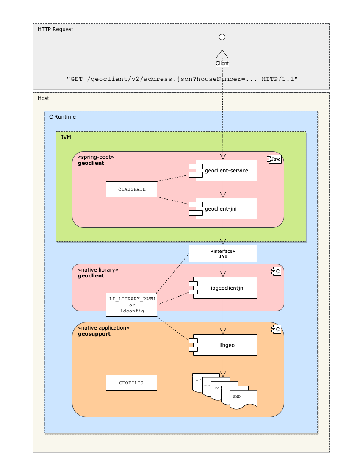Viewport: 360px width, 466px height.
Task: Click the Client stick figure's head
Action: click(x=222, y=37)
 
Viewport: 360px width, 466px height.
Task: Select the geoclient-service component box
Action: click(x=223, y=171)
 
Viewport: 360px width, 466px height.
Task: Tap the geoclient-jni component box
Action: click(x=223, y=208)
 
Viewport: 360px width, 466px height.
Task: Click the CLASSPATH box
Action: click(x=132, y=189)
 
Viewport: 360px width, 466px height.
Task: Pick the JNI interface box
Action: click(x=223, y=253)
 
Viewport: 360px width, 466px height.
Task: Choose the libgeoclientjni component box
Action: click(x=223, y=288)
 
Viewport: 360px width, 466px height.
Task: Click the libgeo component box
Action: click(x=223, y=345)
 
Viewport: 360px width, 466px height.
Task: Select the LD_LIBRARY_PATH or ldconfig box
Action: click(x=132, y=305)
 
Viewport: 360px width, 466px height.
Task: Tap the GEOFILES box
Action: click(x=132, y=383)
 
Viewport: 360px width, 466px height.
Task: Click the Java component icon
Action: click(x=274, y=159)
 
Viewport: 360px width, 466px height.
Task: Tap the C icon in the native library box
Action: click(x=276, y=271)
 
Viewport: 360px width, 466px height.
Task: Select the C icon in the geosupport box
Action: click(x=276, y=329)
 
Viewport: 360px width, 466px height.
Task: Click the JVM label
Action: click(x=66, y=137)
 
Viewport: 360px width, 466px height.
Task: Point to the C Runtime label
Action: click(x=62, y=117)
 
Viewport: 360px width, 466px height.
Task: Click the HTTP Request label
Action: click(x=55, y=29)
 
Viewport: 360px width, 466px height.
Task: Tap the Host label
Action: click(x=43, y=98)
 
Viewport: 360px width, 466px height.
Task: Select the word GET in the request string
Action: click(x=77, y=79)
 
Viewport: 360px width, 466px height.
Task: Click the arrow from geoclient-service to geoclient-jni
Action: click(x=223, y=190)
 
